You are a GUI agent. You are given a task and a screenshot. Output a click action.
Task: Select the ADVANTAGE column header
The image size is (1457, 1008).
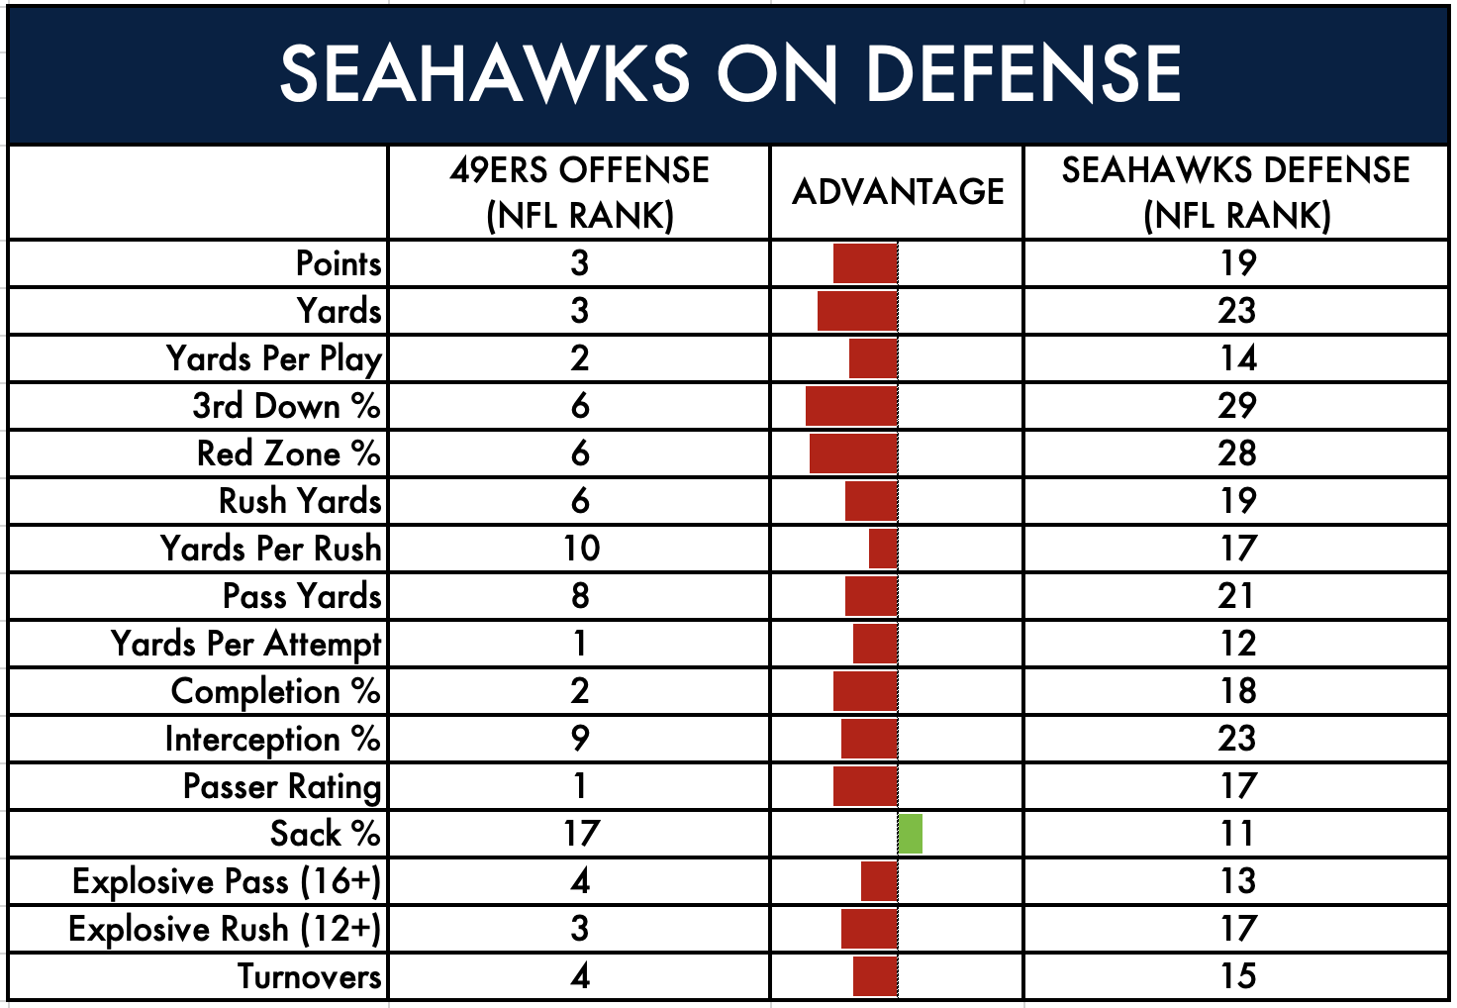click(x=898, y=191)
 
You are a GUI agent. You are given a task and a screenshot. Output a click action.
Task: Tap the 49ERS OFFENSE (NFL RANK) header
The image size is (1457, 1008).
click(x=579, y=192)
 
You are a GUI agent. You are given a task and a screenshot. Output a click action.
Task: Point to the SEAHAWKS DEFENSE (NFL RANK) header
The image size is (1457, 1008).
click(x=1235, y=192)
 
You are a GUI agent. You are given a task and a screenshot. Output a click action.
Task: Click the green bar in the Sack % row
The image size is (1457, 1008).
click(x=911, y=834)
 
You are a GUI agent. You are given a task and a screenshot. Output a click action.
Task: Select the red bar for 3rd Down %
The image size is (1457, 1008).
click(x=851, y=406)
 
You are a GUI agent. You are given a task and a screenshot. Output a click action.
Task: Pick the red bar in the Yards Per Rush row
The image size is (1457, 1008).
click(x=883, y=549)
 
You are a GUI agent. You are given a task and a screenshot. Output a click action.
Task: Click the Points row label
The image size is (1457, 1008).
click(x=339, y=263)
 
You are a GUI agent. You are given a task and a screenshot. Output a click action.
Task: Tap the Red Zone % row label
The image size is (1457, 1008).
click(x=288, y=454)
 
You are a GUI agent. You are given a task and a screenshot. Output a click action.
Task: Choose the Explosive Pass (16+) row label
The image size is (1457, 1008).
click(x=227, y=881)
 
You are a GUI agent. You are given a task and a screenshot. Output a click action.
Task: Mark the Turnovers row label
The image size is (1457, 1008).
click(x=309, y=976)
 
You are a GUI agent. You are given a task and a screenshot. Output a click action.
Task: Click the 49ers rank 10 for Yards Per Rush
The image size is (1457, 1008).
click(x=580, y=549)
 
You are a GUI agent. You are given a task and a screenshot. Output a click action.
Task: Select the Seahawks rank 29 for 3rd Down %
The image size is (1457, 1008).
click(x=1237, y=406)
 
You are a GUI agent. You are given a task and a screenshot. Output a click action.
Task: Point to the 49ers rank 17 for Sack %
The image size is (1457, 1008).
click(x=580, y=834)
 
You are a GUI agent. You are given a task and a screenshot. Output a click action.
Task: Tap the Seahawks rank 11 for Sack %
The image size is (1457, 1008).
click(x=1237, y=834)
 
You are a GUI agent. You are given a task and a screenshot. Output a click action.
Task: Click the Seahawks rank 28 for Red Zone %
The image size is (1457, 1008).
click(x=1237, y=454)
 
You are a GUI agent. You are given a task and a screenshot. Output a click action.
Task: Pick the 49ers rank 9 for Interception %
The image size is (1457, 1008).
click(x=580, y=739)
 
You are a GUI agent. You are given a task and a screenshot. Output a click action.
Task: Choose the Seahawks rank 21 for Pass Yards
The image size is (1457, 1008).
click(x=1237, y=596)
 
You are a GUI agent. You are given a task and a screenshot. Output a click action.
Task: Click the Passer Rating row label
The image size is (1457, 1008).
click(x=282, y=786)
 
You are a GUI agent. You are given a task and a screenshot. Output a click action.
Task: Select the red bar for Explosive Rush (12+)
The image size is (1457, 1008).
click(x=869, y=929)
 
